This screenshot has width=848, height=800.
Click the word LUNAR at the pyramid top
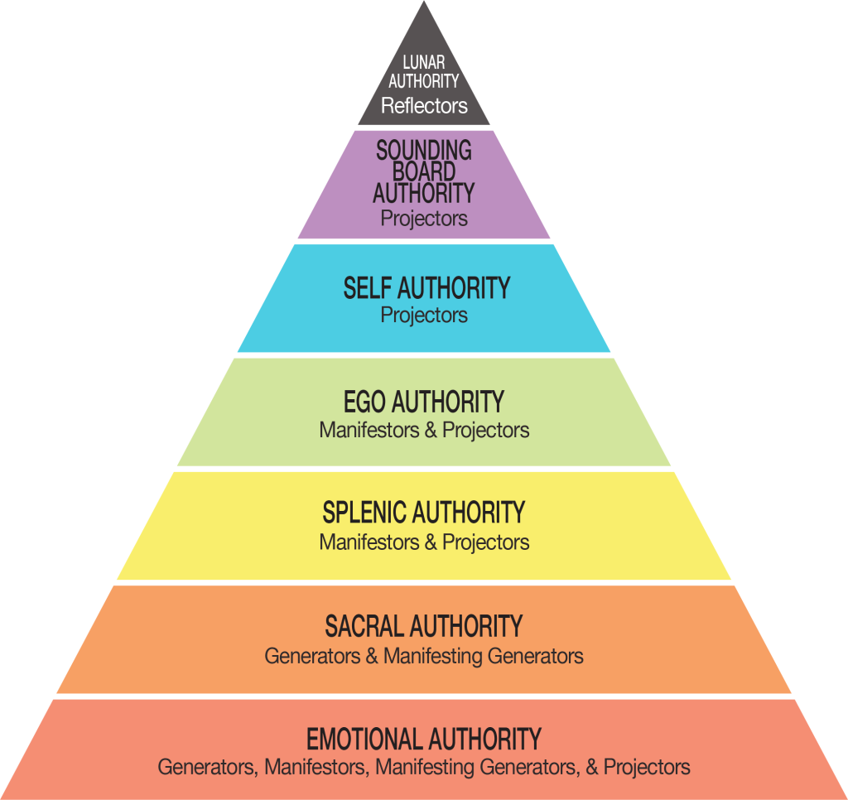point(424,63)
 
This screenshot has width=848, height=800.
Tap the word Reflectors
point(424,106)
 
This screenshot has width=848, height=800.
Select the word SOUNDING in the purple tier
point(424,151)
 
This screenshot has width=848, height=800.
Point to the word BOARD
point(424,172)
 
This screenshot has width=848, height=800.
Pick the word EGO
point(364,402)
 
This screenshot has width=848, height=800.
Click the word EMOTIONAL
point(364,739)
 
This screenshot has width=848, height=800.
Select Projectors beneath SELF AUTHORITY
point(424,316)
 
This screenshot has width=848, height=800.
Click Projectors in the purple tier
point(424,219)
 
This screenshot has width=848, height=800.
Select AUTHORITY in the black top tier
point(424,81)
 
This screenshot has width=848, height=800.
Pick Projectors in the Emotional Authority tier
point(647,767)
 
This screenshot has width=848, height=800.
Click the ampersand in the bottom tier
point(591,767)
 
